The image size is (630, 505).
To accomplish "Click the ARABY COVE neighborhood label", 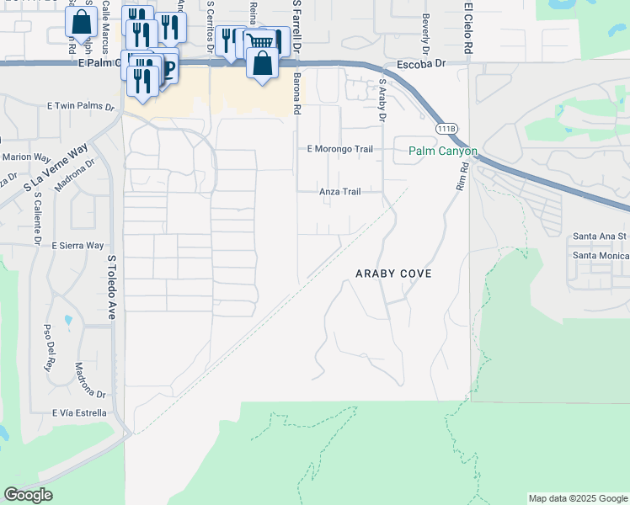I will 393,274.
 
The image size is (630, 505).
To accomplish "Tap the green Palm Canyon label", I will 443,151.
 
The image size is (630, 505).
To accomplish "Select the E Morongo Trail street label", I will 339,149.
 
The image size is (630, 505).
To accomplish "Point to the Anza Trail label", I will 339,192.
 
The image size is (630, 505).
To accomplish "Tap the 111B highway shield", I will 446,127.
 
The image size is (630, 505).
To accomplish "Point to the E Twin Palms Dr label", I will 81,106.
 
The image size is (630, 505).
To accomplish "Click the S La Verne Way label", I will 56,166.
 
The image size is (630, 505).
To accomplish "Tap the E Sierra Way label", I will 77,246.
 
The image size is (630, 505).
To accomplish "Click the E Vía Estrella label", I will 78,413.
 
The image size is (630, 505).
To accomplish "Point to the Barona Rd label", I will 297,93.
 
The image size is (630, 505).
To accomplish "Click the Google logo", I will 28,495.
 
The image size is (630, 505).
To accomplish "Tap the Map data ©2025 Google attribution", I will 577,498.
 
